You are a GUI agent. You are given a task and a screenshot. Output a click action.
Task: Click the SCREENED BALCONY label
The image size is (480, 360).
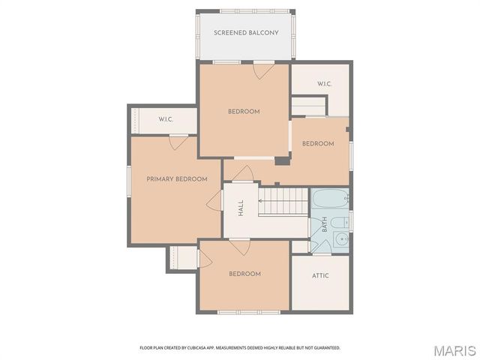tap(246, 33)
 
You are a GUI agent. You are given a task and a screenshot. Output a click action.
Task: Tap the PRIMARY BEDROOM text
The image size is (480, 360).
tap(176, 179)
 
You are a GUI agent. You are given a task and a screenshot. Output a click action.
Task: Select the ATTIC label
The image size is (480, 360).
tap(320, 275)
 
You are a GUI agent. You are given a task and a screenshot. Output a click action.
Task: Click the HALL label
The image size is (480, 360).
tap(241, 208)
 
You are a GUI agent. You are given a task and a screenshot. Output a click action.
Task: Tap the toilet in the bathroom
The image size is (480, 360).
tap(339, 221)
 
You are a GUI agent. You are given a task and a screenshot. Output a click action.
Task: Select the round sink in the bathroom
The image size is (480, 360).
tap(341, 240)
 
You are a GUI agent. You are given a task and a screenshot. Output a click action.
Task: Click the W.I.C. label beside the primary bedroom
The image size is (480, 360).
tap(166, 120)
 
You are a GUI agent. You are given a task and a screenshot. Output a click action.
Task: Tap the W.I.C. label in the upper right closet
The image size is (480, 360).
tap(324, 84)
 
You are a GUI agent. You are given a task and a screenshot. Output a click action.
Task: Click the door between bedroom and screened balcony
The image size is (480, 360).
tap(262, 70)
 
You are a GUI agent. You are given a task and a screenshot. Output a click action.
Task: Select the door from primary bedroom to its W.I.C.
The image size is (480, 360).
tap(178, 142)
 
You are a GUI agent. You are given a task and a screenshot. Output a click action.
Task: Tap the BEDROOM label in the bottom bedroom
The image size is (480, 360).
tap(244, 274)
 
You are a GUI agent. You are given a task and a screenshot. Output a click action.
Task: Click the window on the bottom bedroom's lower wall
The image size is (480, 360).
tap(238, 312)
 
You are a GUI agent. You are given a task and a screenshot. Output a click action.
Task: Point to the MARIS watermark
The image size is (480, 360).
tap(454, 349)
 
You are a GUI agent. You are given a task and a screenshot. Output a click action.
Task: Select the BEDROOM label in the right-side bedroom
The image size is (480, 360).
tap(317, 144)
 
